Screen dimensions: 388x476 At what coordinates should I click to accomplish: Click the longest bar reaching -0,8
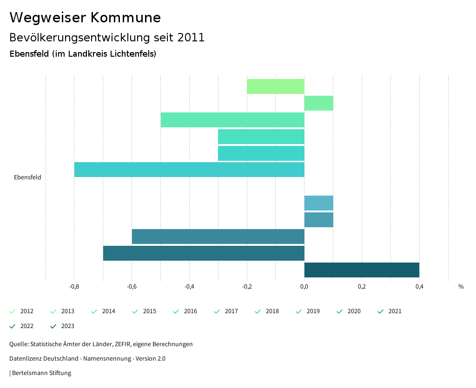tap(189, 170)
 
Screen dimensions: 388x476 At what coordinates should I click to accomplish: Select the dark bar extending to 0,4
tap(362, 270)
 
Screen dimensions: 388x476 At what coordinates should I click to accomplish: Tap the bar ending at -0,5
tap(232, 120)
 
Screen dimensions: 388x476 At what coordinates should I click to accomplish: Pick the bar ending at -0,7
tap(204, 253)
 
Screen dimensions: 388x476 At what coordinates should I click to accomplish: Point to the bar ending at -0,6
tap(218, 237)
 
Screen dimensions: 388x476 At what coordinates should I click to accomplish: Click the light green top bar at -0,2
tap(275, 86)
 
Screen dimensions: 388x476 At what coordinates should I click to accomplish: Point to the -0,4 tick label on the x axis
tap(189, 287)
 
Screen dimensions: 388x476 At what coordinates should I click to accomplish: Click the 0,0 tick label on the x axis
tap(304, 287)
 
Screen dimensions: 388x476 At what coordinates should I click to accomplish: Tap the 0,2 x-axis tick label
tap(362, 287)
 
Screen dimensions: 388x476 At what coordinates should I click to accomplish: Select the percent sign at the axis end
tap(461, 287)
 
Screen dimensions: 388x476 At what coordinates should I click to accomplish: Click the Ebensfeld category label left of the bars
tap(27, 177)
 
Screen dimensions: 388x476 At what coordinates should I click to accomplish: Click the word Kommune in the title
tap(126, 18)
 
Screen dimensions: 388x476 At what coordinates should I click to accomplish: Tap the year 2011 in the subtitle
tap(191, 38)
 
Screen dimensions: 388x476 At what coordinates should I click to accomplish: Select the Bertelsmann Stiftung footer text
tap(41, 373)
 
